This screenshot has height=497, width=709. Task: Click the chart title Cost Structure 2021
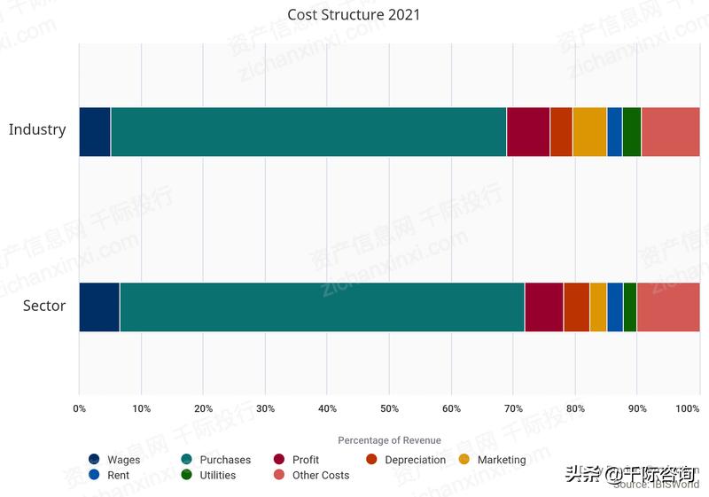click(x=354, y=15)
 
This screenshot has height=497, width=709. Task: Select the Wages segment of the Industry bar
click(x=95, y=131)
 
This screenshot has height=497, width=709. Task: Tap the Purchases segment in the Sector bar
click(x=322, y=307)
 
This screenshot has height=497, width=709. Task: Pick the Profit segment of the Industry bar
click(x=527, y=131)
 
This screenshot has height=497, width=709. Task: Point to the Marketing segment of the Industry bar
click(x=589, y=131)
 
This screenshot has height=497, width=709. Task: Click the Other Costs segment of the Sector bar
click(x=667, y=307)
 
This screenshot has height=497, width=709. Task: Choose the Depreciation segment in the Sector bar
click(x=576, y=307)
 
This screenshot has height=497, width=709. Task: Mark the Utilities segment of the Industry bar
click(x=631, y=131)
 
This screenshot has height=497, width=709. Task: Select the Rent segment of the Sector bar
click(x=615, y=307)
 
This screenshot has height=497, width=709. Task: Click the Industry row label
click(x=37, y=129)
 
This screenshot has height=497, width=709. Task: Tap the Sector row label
click(x=44, y=306)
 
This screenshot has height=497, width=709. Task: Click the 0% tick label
click(x=80, y=408)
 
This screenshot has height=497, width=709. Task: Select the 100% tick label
click(x=688, y=408)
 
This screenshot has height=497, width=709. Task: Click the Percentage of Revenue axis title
click(x=389, y=440)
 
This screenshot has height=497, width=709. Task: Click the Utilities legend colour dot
click(x=187, y=476)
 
